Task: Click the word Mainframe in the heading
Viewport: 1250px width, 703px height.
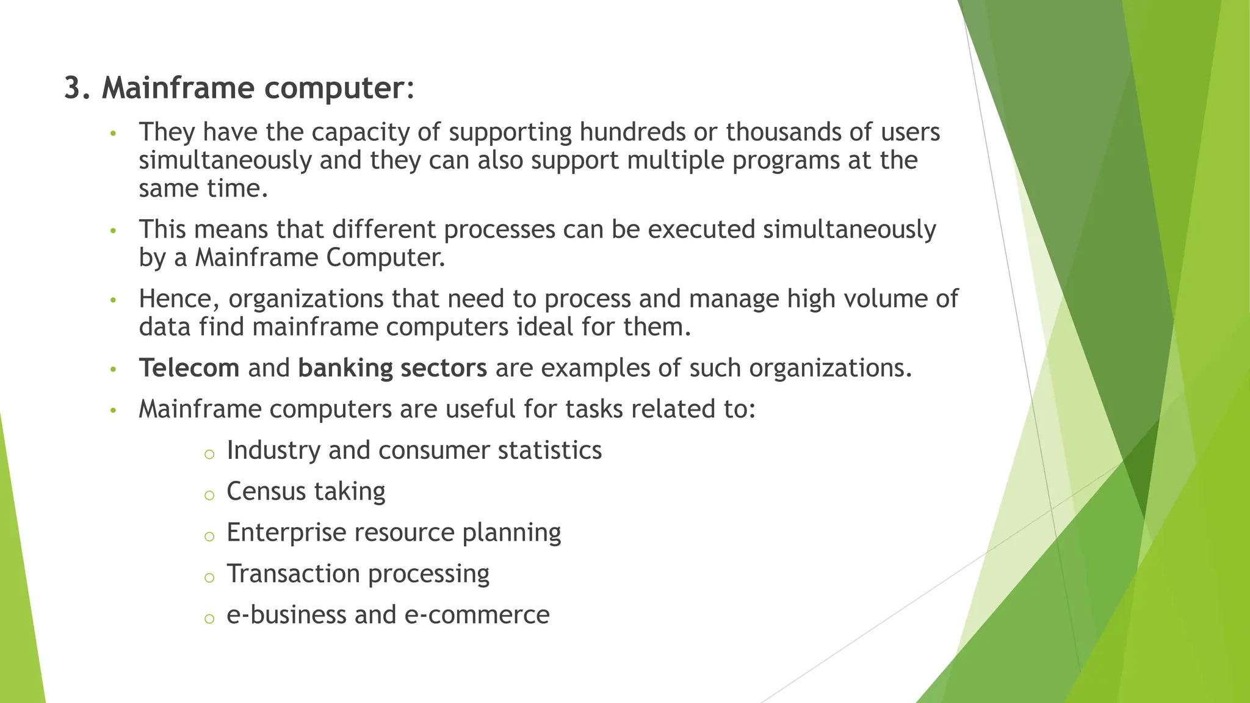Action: click(177, 88)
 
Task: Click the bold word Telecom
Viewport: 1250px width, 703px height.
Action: click(189, 369)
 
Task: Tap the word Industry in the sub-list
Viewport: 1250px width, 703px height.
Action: click(273, 451)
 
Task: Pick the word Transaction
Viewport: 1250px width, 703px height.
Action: click(293, 574)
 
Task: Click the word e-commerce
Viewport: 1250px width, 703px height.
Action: click(477, 615)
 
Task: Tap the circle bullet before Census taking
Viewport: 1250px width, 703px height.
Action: click(209, 496)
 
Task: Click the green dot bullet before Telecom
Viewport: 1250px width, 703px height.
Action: click(113, 370)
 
